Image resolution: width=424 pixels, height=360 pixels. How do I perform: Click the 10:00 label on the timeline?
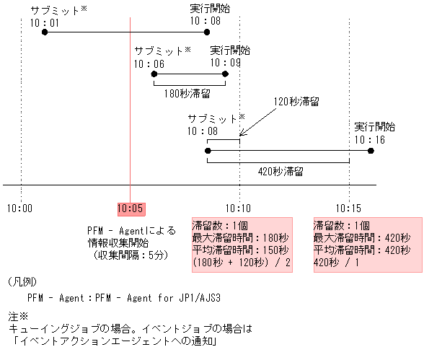coord(19,208)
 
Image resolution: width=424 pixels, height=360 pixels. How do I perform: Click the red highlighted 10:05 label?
coord(130,208)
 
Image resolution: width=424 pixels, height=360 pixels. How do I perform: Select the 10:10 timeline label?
coord(239,208)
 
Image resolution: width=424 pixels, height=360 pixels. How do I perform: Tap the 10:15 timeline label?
coord(349,208)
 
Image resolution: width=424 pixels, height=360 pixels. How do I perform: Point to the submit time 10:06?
coord(149,63)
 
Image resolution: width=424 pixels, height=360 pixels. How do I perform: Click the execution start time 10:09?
coord(226,63)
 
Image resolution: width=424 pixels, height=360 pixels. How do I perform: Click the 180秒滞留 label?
coord(187,93)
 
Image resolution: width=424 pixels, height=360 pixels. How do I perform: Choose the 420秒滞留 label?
coord(279,172)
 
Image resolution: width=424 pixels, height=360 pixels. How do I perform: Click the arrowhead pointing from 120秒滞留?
coord(242,133)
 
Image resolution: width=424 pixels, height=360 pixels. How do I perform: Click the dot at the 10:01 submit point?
coord(45,32)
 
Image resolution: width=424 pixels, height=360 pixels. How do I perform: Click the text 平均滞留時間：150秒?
coord(237,250)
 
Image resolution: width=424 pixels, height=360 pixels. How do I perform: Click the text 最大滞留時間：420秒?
coord(361,237)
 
